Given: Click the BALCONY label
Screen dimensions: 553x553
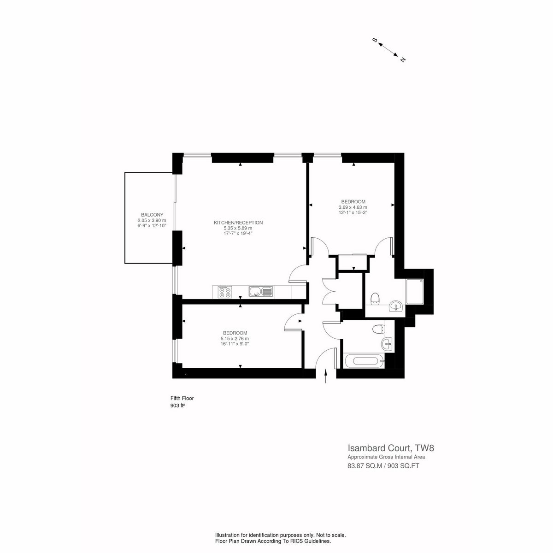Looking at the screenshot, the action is point(152,215).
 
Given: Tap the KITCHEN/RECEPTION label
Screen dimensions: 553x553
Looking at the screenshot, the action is point(238,223).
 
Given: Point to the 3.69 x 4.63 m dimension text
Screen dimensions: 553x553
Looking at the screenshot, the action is point(353,207).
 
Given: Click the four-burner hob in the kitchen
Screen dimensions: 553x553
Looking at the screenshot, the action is point(225,292).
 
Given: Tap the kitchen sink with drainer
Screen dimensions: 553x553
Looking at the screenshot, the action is point(261,292).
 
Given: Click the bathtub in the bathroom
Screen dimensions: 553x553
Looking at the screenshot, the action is point(364,361).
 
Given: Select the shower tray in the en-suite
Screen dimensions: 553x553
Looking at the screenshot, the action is point(415,291).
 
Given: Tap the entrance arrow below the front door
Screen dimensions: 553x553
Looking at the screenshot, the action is point(326,376).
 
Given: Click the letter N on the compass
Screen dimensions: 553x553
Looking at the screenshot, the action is point(403,60).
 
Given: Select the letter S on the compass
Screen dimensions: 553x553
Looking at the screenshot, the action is point(374,40).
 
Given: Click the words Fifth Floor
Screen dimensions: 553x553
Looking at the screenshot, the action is point(182,398).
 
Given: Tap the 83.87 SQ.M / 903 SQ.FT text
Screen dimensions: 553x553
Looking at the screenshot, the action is point(383,466).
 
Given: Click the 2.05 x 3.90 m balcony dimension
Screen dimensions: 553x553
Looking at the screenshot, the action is point(152,220).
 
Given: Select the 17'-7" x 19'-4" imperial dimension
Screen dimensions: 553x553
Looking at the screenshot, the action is point(238,233).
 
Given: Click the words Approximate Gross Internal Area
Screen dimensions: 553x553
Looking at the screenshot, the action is point(386,457).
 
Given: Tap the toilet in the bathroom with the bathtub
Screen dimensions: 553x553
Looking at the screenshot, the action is point(379,329).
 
